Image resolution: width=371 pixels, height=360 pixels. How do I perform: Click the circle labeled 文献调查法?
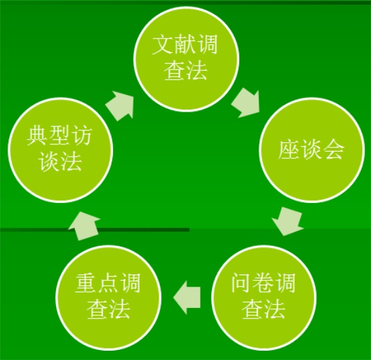pos(187,59)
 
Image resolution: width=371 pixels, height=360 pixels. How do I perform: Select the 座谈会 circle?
pos(311,150)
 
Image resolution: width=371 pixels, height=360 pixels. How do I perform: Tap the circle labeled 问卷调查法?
pos(263,297)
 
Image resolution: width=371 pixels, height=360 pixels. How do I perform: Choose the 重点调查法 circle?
pos(108,297)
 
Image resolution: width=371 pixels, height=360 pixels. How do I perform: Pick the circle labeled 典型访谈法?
pos(60,150)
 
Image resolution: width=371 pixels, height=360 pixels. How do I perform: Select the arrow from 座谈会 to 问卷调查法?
pos(287,221)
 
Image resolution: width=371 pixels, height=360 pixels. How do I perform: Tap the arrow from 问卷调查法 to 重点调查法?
pos(187,297)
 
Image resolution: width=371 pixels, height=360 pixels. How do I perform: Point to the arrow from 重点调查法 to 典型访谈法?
pos(84,226)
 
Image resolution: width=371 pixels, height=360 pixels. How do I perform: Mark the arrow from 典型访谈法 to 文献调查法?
pos(120,105)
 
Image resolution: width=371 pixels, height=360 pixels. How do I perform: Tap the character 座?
pos(289,150)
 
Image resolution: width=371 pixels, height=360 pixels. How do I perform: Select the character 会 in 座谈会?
pos(333,150)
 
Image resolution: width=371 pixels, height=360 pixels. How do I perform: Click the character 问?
pos(241,283)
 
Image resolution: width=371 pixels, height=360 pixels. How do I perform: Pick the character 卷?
pos(263,283)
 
